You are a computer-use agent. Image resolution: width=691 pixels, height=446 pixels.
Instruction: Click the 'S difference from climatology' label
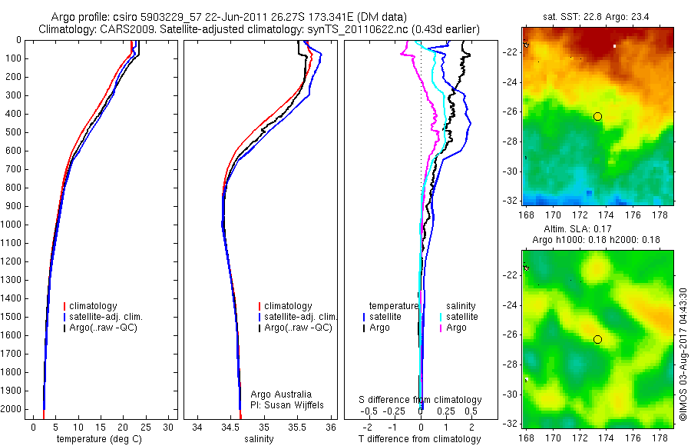421,400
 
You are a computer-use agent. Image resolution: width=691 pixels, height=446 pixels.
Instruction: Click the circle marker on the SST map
597,116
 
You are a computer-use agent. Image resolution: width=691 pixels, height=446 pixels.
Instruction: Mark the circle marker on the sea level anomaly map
597,339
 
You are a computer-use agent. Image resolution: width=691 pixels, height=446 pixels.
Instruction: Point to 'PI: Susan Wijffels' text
288,404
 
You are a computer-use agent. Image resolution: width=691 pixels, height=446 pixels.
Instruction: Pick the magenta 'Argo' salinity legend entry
456,328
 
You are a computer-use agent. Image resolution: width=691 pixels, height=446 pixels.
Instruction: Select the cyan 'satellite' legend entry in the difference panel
461,317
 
